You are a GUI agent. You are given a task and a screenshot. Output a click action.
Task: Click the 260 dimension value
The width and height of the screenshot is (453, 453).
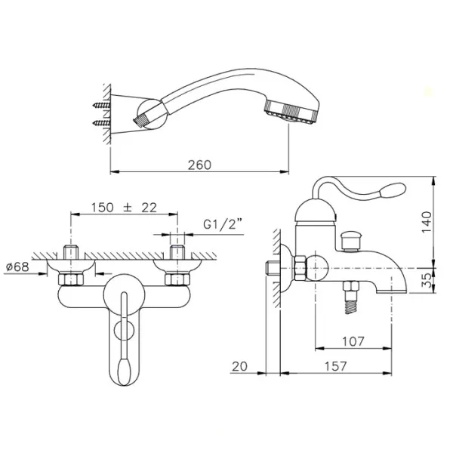(199, 165)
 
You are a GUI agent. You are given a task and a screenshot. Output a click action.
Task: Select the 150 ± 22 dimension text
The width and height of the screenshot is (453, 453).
(125, 208)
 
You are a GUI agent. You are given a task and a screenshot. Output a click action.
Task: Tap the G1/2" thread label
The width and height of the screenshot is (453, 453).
(223, 224)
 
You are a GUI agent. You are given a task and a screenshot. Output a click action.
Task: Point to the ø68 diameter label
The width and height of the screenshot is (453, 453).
(17, 267)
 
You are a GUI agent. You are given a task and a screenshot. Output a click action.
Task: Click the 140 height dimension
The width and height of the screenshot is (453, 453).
(427, 222)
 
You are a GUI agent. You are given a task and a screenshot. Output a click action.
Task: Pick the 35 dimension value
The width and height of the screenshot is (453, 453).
(427, 280)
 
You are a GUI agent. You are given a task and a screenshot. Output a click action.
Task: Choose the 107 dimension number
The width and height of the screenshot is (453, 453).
(353, 341)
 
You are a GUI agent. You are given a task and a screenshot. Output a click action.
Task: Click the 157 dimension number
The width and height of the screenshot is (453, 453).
(335, 366)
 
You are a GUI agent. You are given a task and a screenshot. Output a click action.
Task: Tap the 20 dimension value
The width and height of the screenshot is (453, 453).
(240, 366)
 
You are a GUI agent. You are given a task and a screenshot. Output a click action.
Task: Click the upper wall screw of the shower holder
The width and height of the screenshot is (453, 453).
(101, 105)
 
